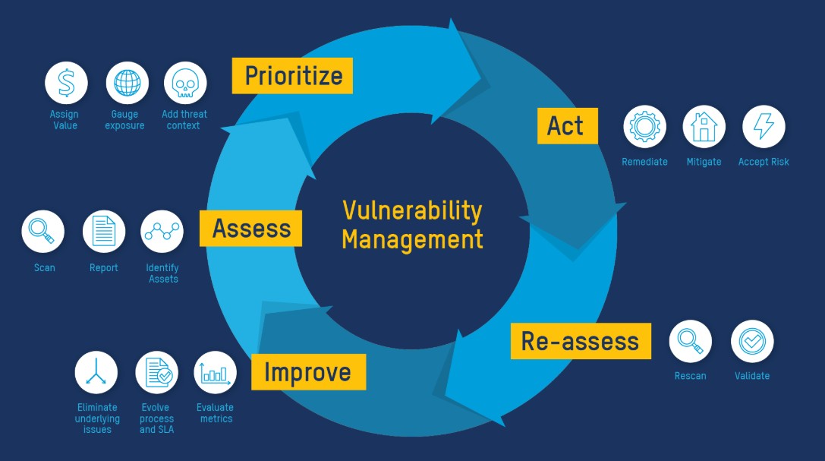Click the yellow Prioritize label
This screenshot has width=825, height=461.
(x=292, y=76)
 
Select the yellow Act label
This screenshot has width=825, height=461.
(x=567, y=126)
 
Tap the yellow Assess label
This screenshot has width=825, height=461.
(x=251, y=229)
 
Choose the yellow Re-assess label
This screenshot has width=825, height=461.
(x=581, y=341)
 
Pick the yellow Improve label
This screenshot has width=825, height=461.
(x=308, y=372)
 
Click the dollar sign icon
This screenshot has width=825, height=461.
(x=66, y=83)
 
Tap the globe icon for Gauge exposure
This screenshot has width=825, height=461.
(x=128, y=83)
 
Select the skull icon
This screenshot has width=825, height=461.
(x=185, y=83)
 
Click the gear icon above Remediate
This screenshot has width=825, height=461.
(x=644, y=126)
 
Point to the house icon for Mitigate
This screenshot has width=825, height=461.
(x=704, y=126)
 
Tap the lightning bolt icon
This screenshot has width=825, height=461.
(x=764, y=126)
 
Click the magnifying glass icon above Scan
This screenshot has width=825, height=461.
(x=43, y=232)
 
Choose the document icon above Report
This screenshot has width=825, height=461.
(x=104, y=232)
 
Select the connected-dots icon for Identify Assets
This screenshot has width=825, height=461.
(x=162, y=232)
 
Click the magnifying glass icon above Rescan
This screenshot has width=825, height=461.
(x=691, y=341)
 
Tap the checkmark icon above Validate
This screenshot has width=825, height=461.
(x=752, y=341)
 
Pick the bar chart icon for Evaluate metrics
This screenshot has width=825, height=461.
(x=216, y=373)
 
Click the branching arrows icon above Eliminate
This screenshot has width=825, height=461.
(x=96, y=373)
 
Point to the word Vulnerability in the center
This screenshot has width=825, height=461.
(x=413, y=211)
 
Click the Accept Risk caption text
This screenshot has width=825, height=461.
(x=764, y=162)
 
